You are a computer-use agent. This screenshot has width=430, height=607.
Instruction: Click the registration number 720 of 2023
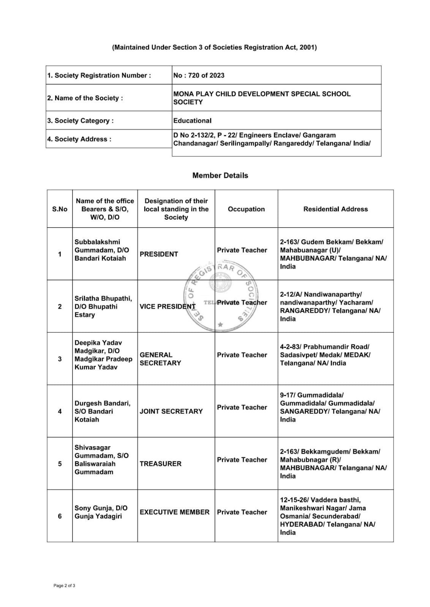(199, 75)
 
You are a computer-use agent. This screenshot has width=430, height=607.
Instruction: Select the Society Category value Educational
(192, 121)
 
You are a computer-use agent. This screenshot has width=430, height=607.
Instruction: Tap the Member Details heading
(220, 175)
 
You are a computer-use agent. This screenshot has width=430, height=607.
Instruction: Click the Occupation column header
(246, 209)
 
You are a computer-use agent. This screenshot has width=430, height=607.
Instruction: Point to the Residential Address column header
(335, 209)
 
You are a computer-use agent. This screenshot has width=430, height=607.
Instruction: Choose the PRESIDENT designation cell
(159, 254)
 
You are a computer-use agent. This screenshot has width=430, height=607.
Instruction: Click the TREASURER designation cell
(161, 464)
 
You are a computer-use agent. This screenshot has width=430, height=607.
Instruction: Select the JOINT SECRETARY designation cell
(171, 411)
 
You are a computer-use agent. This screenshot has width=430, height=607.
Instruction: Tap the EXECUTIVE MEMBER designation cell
(174, 512)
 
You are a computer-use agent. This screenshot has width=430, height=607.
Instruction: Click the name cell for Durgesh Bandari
(102, 411)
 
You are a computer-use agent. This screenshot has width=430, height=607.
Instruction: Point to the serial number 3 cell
(60, 359)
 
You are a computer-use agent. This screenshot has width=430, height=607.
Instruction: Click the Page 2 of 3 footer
(64, 586)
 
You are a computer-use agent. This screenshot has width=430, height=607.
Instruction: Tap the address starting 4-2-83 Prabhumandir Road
(325, 355)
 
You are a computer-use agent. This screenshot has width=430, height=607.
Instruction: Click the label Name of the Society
(85, 98)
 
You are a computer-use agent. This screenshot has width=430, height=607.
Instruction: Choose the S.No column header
(60, 209)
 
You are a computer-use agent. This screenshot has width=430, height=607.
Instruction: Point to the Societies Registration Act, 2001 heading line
(214, 47)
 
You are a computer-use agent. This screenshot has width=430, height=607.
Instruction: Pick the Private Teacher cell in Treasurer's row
(242, 460)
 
